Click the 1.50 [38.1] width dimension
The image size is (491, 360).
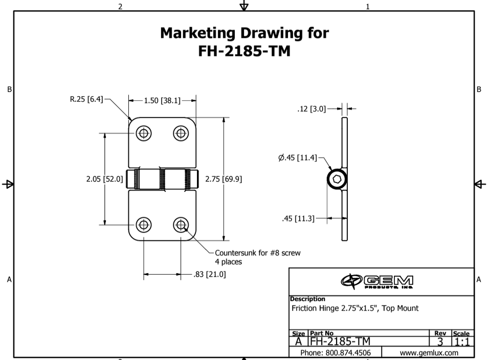[x=162, y=101]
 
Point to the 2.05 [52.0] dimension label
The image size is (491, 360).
[x=104, y=179]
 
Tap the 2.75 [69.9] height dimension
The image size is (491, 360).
[x=224, y=179]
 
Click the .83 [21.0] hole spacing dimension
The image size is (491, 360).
[x=210, y=275]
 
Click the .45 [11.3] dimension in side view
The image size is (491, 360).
[x=298, y=218]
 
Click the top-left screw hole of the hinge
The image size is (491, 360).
[x=144, y=133]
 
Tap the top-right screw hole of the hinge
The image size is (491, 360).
[x=181, y=133]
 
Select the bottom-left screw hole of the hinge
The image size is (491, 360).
[x=144, y=224]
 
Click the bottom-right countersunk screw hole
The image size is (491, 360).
[x=181, y=224]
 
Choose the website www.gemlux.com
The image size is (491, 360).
[x=429, y=353]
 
